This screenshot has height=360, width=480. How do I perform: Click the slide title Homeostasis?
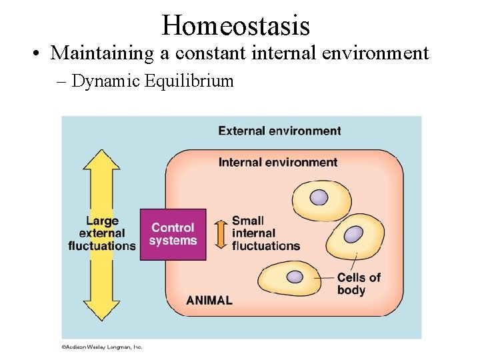pos(235,25)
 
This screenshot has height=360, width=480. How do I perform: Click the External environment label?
pos(279,131)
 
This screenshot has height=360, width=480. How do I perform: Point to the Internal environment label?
pos(278,162)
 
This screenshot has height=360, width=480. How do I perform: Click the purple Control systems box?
pos(173,234)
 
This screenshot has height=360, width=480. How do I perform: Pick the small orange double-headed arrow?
pos(219,233)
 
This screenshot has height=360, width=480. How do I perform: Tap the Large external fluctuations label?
pos(101,233)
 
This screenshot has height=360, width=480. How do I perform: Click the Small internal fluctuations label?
pos(265,233)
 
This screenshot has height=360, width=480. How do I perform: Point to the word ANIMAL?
pos(209,300)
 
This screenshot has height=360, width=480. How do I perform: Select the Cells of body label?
pos(359,284)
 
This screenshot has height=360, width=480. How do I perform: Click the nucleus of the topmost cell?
pos(319,197)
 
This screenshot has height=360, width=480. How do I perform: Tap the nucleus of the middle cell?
pos(353,235)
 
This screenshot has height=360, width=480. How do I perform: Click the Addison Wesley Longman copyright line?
pos(102,347)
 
